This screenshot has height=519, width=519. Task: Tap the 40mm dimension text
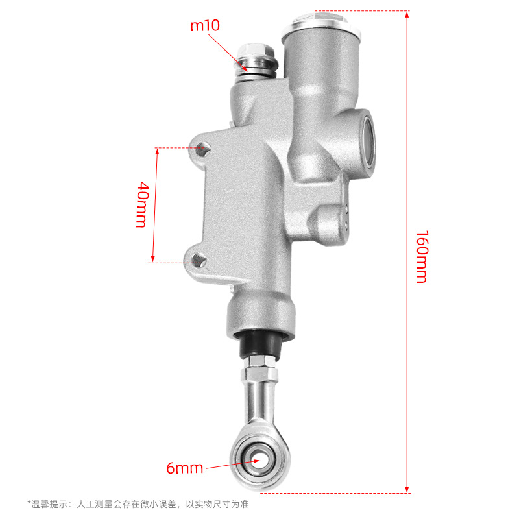(142, 204)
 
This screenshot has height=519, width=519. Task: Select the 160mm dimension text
(421, 257)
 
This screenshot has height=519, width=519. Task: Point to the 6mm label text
(185, 468)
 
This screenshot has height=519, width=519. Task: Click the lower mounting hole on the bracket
(199, 260)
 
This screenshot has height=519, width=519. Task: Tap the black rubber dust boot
(263, 346)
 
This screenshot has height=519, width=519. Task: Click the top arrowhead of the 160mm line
(407, 14)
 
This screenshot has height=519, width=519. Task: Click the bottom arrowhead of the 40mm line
(154, 258)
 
